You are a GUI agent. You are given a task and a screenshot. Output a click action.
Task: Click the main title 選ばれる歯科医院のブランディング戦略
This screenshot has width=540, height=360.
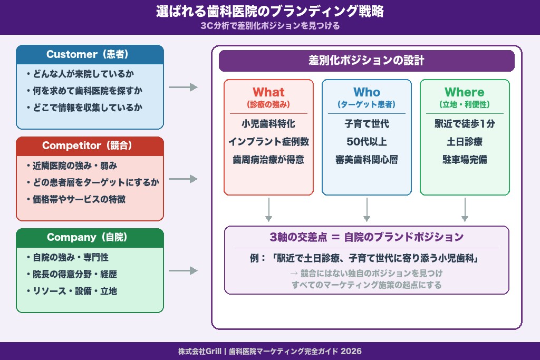click(269, 12)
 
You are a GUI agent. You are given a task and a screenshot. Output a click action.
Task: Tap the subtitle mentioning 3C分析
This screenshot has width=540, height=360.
click(269, 25)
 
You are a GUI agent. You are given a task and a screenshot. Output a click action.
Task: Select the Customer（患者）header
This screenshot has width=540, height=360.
click(90, 54)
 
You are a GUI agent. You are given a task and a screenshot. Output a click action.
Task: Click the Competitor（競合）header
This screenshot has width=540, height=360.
click(90, 146)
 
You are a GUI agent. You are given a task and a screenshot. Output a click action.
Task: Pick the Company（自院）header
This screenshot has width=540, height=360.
click(90, 238)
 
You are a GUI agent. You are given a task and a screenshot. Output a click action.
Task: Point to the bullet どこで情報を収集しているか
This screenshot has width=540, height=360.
click(84, 108)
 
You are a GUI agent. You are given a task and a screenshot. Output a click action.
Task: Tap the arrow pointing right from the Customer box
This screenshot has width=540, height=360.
click(183, 87)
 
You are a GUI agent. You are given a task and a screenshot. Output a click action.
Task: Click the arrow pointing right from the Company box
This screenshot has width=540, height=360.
click(183, 271)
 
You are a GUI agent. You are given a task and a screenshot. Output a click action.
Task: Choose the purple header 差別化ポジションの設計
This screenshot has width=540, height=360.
click(367, 61)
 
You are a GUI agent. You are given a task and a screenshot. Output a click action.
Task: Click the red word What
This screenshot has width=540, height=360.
click(268, 92)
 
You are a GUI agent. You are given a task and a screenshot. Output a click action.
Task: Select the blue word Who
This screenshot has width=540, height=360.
click(367, 92)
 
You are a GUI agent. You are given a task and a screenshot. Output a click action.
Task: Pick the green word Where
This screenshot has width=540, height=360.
click(465, 92)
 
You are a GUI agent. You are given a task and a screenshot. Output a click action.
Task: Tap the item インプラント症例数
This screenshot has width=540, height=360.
click(268, 142)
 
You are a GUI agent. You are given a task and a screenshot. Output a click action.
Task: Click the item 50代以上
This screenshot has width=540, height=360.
click(367, 142)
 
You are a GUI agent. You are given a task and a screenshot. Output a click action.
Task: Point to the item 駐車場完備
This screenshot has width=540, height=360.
click(465, 159)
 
